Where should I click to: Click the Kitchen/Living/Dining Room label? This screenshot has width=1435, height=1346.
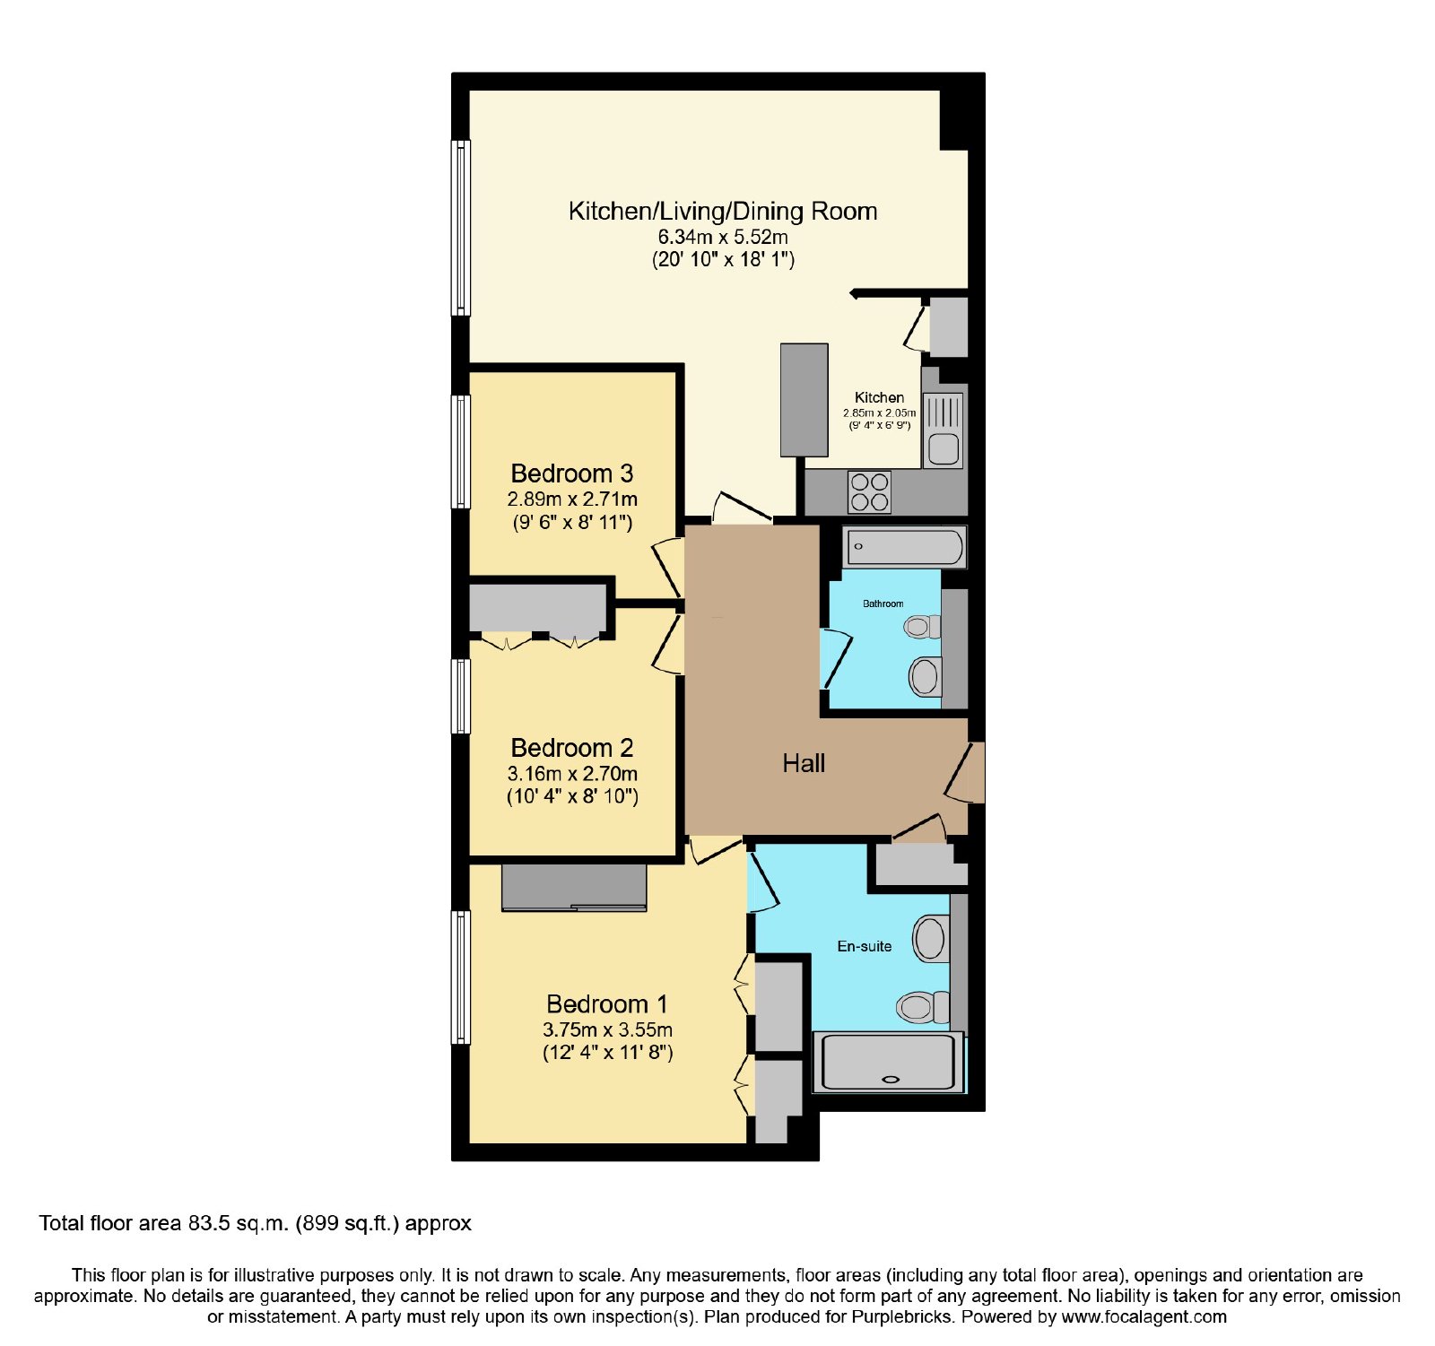click(x=723, y=212)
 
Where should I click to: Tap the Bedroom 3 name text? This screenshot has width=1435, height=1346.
click(x=572, y=473)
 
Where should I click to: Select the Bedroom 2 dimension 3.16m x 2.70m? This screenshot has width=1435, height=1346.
click(x=572, y=773)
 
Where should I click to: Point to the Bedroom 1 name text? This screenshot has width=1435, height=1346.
click(x=607, y=1004)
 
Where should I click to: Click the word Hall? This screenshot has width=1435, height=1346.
click(x=804, y=764)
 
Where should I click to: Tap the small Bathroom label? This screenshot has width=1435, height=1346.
click(x=883, y=604)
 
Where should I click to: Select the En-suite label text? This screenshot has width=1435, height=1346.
click(x=865, y=946)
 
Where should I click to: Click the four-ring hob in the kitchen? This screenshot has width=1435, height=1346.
click(x=870, y=492)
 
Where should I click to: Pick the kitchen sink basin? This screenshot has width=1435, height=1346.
click(x=944, y=448)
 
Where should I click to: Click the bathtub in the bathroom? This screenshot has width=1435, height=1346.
click(x=905, y=546)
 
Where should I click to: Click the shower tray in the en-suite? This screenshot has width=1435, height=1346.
click(x=889, y=1063)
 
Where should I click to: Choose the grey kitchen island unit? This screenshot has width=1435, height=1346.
click(x=804, y=400)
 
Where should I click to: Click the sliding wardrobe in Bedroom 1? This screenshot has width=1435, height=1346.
click(x=574, y=888)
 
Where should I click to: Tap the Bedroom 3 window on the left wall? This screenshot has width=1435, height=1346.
click(x=461, y=452)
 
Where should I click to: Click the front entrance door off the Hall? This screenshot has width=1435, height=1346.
click(x=965, y=773)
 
